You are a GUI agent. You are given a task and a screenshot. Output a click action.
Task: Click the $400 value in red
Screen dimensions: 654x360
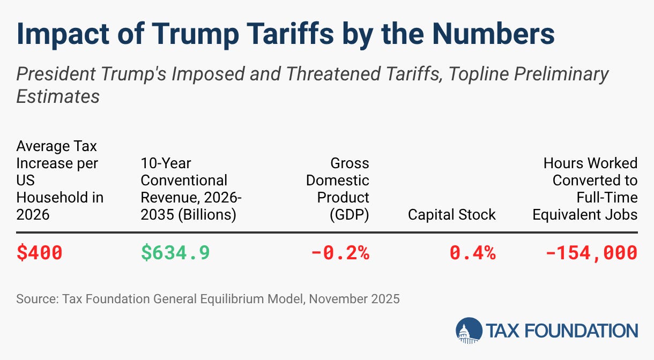tap(39, 253)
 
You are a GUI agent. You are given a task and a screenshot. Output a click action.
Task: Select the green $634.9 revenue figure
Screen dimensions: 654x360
tap(175, 253)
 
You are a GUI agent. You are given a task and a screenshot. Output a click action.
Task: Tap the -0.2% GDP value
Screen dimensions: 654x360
tap(340, 253)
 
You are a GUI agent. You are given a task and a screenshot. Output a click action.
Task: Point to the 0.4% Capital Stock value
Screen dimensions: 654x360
tap(473, 253)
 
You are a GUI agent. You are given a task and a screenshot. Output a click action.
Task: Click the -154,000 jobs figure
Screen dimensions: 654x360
tap(591, 253)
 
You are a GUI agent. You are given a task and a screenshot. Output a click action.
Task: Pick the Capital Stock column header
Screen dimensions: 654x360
tap(452, 215)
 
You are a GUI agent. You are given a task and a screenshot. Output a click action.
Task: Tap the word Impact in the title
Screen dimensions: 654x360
tap(63, 34)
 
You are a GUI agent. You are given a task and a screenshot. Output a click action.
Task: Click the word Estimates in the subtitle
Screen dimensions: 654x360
tap(58, 96)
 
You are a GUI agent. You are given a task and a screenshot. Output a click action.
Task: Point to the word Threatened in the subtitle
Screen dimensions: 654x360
tap(333, 73)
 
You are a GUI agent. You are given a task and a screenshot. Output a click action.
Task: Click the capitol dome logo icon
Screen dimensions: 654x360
tap(469, 331)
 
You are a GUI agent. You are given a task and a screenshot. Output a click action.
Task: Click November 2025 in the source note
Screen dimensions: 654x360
tap(354, 299)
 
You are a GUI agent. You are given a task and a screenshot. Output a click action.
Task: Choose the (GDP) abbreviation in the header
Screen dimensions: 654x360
tap(350, 215)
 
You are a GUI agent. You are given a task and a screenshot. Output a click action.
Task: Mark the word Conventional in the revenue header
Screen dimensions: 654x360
tap(184, 181)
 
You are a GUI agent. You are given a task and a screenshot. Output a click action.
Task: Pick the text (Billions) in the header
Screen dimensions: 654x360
tap(207, 215)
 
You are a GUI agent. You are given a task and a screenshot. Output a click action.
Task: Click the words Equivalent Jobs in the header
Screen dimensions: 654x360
tap(585, 215)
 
